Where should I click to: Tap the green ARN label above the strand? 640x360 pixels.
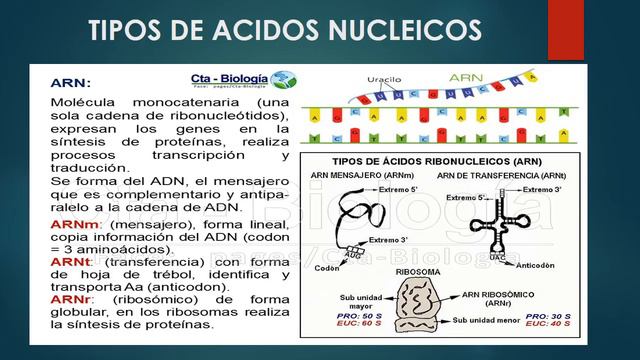pos(466,74)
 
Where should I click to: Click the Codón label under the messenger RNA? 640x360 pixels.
pos(328,267)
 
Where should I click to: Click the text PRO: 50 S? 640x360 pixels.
pos(354,316)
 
